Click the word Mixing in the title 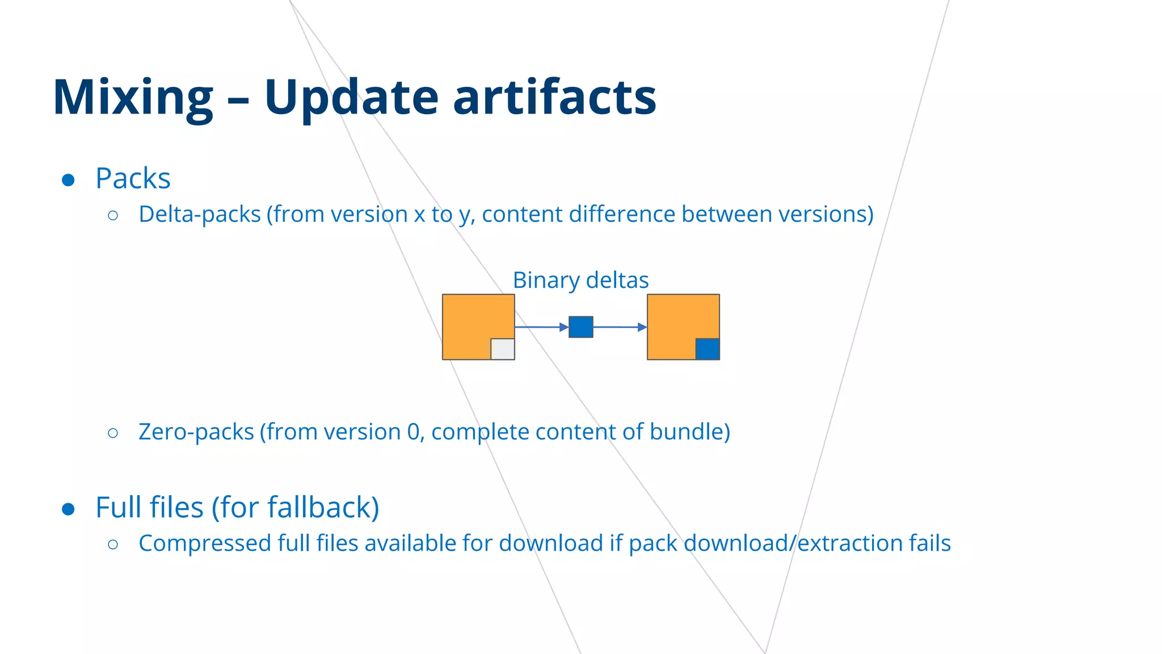[133, 98]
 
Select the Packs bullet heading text [133, 178]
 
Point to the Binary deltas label [580, 280]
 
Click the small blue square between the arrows [580, 327]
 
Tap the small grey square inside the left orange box [502, 349]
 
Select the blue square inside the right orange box [707, 349]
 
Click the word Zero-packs [196, 432]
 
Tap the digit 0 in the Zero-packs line [414, 432]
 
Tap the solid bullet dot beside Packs [68, 181]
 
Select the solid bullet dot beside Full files [68, 509]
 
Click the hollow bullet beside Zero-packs [113, 433]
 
